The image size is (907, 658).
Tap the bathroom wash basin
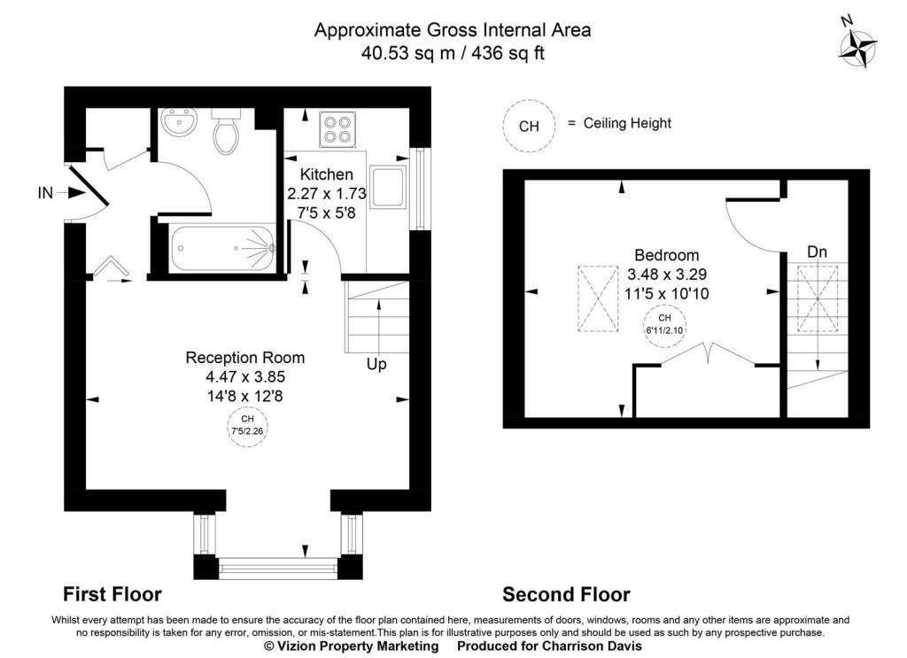pos(180,122)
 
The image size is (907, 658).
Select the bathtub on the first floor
pos(222,248)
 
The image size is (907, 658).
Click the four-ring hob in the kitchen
pos(337,129)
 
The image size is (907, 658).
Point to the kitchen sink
pos(388,188)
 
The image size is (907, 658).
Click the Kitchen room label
pos(326,174)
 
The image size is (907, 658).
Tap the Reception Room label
pos(244,357)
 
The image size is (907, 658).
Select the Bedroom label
pos(666,255)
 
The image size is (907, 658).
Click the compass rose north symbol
pos(857,48)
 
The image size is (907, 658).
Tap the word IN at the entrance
pos(45,192)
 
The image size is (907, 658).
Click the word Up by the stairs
pos(376,364)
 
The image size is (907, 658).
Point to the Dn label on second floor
pos(817,252)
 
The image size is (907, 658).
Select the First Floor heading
pos(112,594)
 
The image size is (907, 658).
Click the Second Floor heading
pos(566,594)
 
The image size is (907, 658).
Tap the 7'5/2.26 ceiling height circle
pos(248,427)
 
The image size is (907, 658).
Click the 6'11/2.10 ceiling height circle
pos(664,326)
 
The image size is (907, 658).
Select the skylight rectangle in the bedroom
pos(598,298)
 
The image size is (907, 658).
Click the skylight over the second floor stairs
pos(818,298)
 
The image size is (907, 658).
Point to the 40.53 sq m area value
pos(410,53)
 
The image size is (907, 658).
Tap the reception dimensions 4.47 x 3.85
pos(245,377)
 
